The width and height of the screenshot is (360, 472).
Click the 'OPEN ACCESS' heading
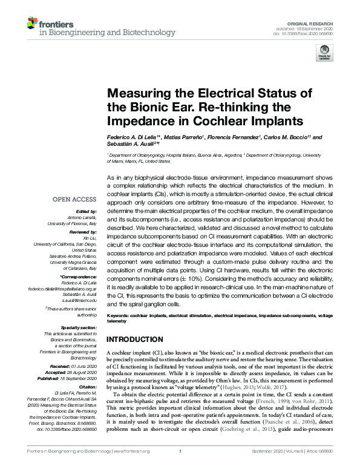(74, 199)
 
